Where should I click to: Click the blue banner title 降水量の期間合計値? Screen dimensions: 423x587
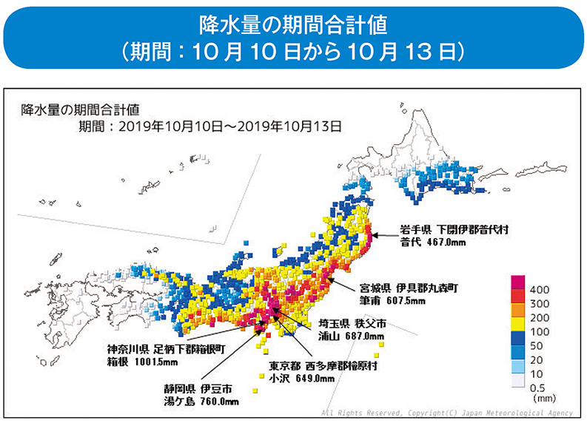click(293, 24)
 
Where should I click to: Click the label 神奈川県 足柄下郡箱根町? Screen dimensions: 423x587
click(165, 348)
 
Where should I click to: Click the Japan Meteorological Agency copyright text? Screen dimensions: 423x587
click(449, 413)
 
